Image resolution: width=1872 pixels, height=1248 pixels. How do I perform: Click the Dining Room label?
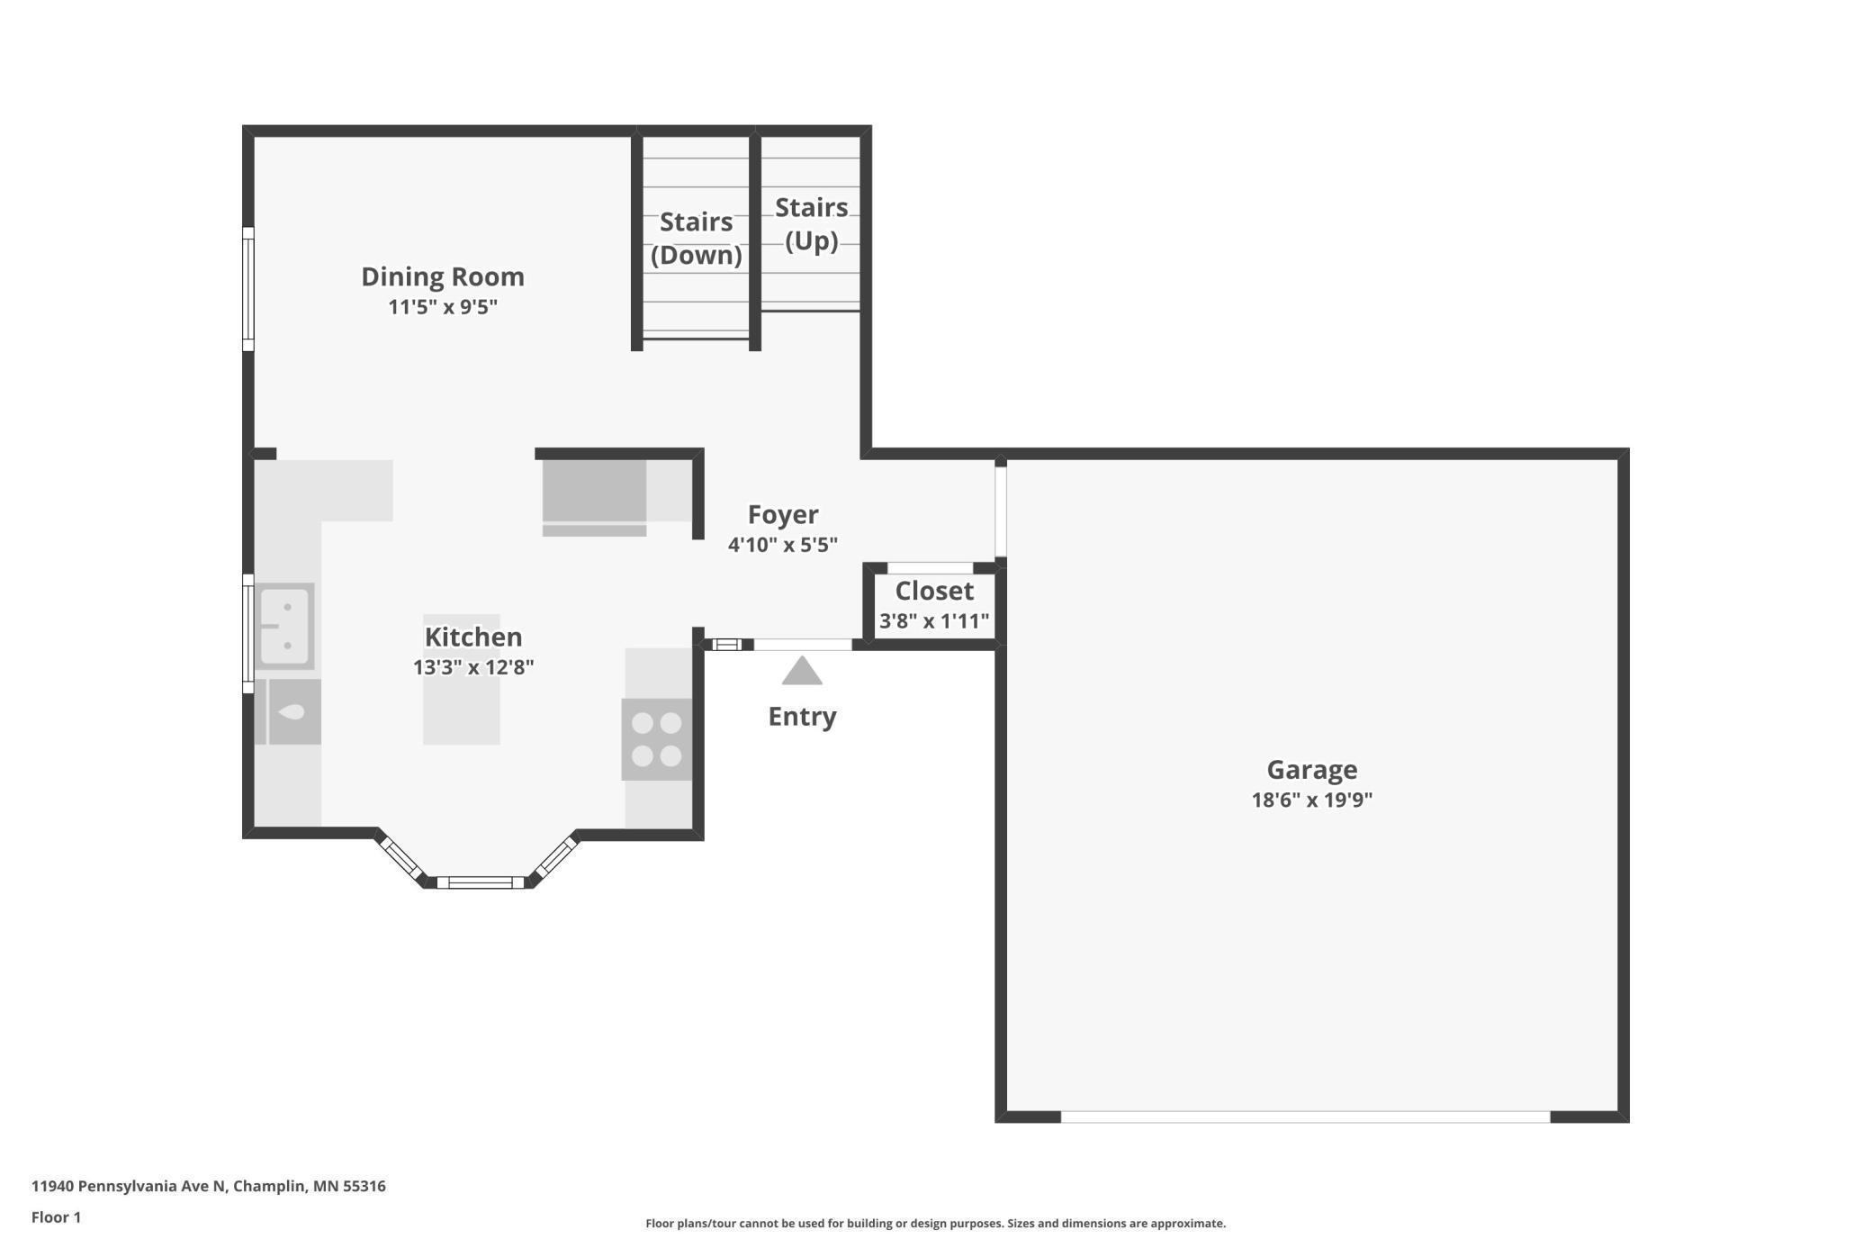point(442,276)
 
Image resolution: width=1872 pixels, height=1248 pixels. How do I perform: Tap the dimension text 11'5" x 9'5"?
point(442,307)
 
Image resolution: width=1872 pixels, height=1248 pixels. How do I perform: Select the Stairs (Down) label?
point(696,239)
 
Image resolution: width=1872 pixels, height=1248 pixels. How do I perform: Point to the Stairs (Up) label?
point(811,224)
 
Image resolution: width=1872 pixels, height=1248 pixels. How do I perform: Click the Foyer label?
point(782,514)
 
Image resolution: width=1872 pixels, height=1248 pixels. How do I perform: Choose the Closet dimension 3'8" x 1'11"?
point(933,621)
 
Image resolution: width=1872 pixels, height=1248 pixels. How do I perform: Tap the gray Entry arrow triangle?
point(801,672)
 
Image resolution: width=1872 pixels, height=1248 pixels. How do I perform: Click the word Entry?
point(801,717)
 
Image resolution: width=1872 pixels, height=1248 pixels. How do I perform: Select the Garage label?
point(1311,770)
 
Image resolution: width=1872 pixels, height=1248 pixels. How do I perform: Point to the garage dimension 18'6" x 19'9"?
point(1311,800)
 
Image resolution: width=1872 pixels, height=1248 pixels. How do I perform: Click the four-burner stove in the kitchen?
point(656,739)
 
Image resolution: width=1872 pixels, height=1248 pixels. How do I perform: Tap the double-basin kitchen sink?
point(284,626)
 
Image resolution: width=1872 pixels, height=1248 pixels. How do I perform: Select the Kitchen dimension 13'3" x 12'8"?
point(472,667)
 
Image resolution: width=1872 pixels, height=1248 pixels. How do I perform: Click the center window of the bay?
point(480,882)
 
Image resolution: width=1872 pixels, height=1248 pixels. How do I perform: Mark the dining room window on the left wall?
point(248,288)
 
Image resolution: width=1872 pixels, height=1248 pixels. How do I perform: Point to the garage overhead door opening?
point(1305,1117)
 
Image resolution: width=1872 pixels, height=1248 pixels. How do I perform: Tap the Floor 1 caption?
point(56,1217)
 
